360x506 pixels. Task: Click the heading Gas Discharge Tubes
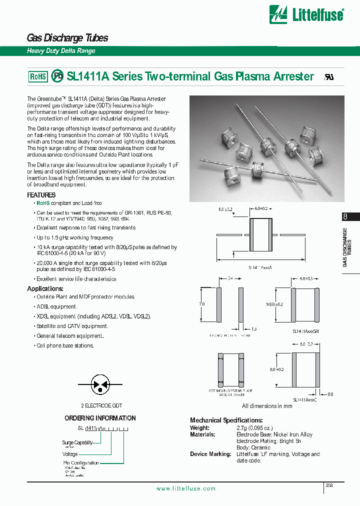click(x=67, y=38)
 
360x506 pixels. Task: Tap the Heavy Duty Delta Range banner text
click(x=60, y=51)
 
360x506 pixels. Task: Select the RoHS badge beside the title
click(x=38, y=76)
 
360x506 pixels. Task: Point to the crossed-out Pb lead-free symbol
click(x=57, y=76)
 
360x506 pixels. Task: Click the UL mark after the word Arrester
click(x=329, y=77)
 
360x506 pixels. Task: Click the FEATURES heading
click(x=41, y=195)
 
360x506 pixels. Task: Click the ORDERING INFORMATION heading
click(x=100, y=418)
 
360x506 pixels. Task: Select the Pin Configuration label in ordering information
click(x=81, y=463)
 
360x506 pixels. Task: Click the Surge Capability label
click(x=77, y=442)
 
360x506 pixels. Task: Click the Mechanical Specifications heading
click(x=226, y=420)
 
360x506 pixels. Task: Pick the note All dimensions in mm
click(x=267, y=406)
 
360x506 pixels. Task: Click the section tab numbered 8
click(x=345, y=216)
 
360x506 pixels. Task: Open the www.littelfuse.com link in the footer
click(x=186, y=488)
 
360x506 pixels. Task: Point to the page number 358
click(x=329, y=485)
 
